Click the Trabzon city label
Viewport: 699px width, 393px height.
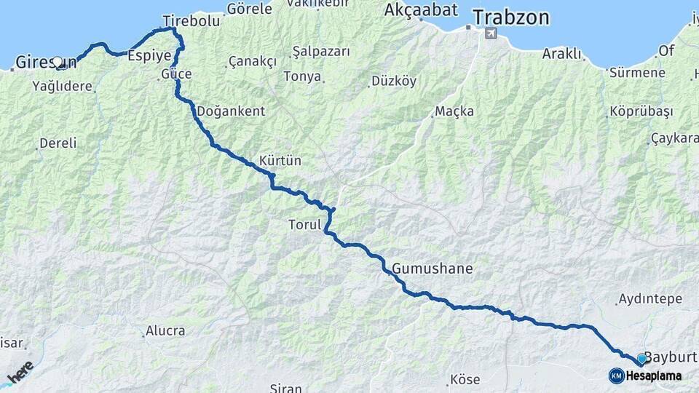pos(510,17)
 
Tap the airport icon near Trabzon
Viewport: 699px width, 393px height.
pos(491,34)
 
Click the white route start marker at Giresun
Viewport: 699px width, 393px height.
pos(58,62)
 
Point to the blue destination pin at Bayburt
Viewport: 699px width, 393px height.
pos(641,359)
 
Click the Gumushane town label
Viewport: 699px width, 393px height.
pos(432,269)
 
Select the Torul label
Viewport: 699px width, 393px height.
pos(304,225)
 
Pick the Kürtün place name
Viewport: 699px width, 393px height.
pos(280,160)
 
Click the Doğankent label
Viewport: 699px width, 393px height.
pos(231,111)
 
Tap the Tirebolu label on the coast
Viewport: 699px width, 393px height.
pos(191,21)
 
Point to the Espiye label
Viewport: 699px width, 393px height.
pos(149,55)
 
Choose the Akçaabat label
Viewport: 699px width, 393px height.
pos(421,10)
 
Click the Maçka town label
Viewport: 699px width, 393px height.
pos(454,111)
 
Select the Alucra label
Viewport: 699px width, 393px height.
pos(165,331)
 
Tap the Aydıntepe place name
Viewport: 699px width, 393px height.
pos(649,299)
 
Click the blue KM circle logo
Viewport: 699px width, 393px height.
pos(617,376)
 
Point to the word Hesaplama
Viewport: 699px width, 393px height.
pos(654,376)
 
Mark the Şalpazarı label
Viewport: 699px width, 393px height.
pos(321,52)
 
